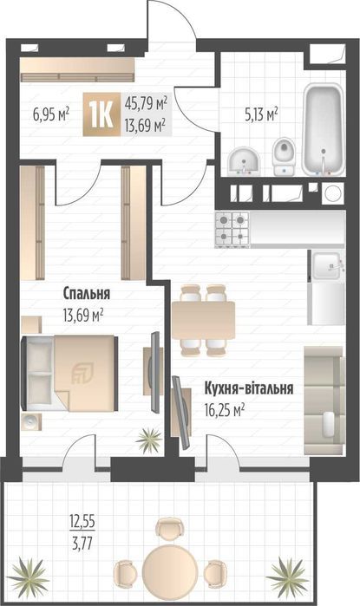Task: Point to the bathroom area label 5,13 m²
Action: point(259,113)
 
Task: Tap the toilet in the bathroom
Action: point(284,156)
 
